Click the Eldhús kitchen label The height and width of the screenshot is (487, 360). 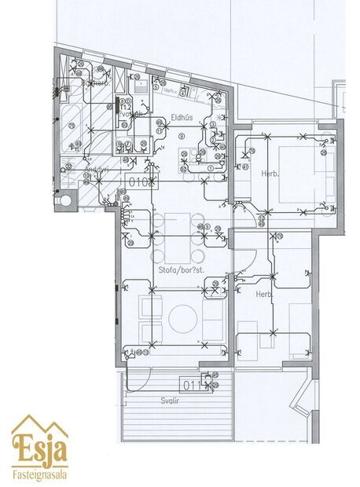tap(182, 119)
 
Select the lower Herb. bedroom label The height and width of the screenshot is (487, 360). tap(263, 295)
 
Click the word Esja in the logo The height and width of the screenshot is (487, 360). tap(39, 451)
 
